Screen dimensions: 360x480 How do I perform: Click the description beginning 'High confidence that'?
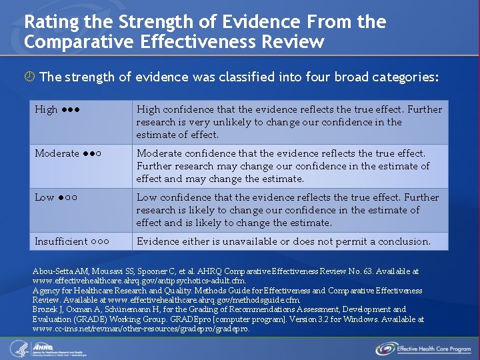(x=289, y=122)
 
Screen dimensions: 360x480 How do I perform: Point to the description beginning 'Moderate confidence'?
(x=289, y=166)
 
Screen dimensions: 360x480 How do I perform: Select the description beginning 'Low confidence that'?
(x=289, y=210)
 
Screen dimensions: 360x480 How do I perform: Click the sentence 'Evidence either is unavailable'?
(x=283, y=241)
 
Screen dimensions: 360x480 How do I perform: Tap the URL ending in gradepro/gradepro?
(x=141, y=329)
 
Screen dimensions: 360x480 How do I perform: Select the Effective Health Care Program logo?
(x=423, y=347)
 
